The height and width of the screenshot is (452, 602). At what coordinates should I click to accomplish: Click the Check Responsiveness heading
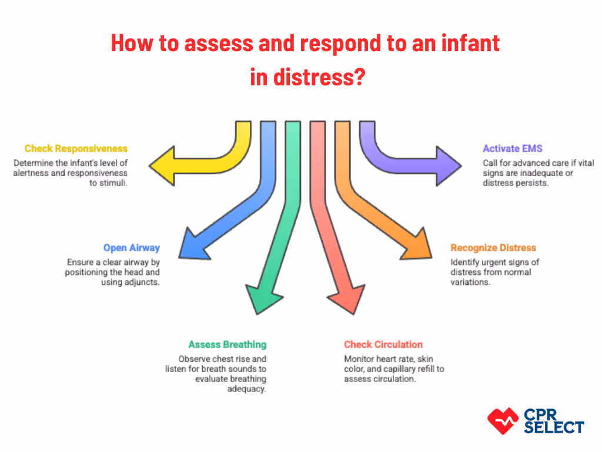coord(76,149)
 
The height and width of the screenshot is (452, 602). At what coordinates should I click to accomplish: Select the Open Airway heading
coord(132,248)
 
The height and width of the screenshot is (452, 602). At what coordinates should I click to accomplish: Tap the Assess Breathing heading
coord(227,344)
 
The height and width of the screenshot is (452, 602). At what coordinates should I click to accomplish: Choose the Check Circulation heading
coord(383,344)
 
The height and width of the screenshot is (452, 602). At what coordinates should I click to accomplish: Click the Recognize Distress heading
coord(493,248)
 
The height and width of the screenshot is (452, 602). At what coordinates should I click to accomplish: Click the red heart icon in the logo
coord(503,420)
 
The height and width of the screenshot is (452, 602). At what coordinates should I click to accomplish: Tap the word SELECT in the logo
coord(554,427)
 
